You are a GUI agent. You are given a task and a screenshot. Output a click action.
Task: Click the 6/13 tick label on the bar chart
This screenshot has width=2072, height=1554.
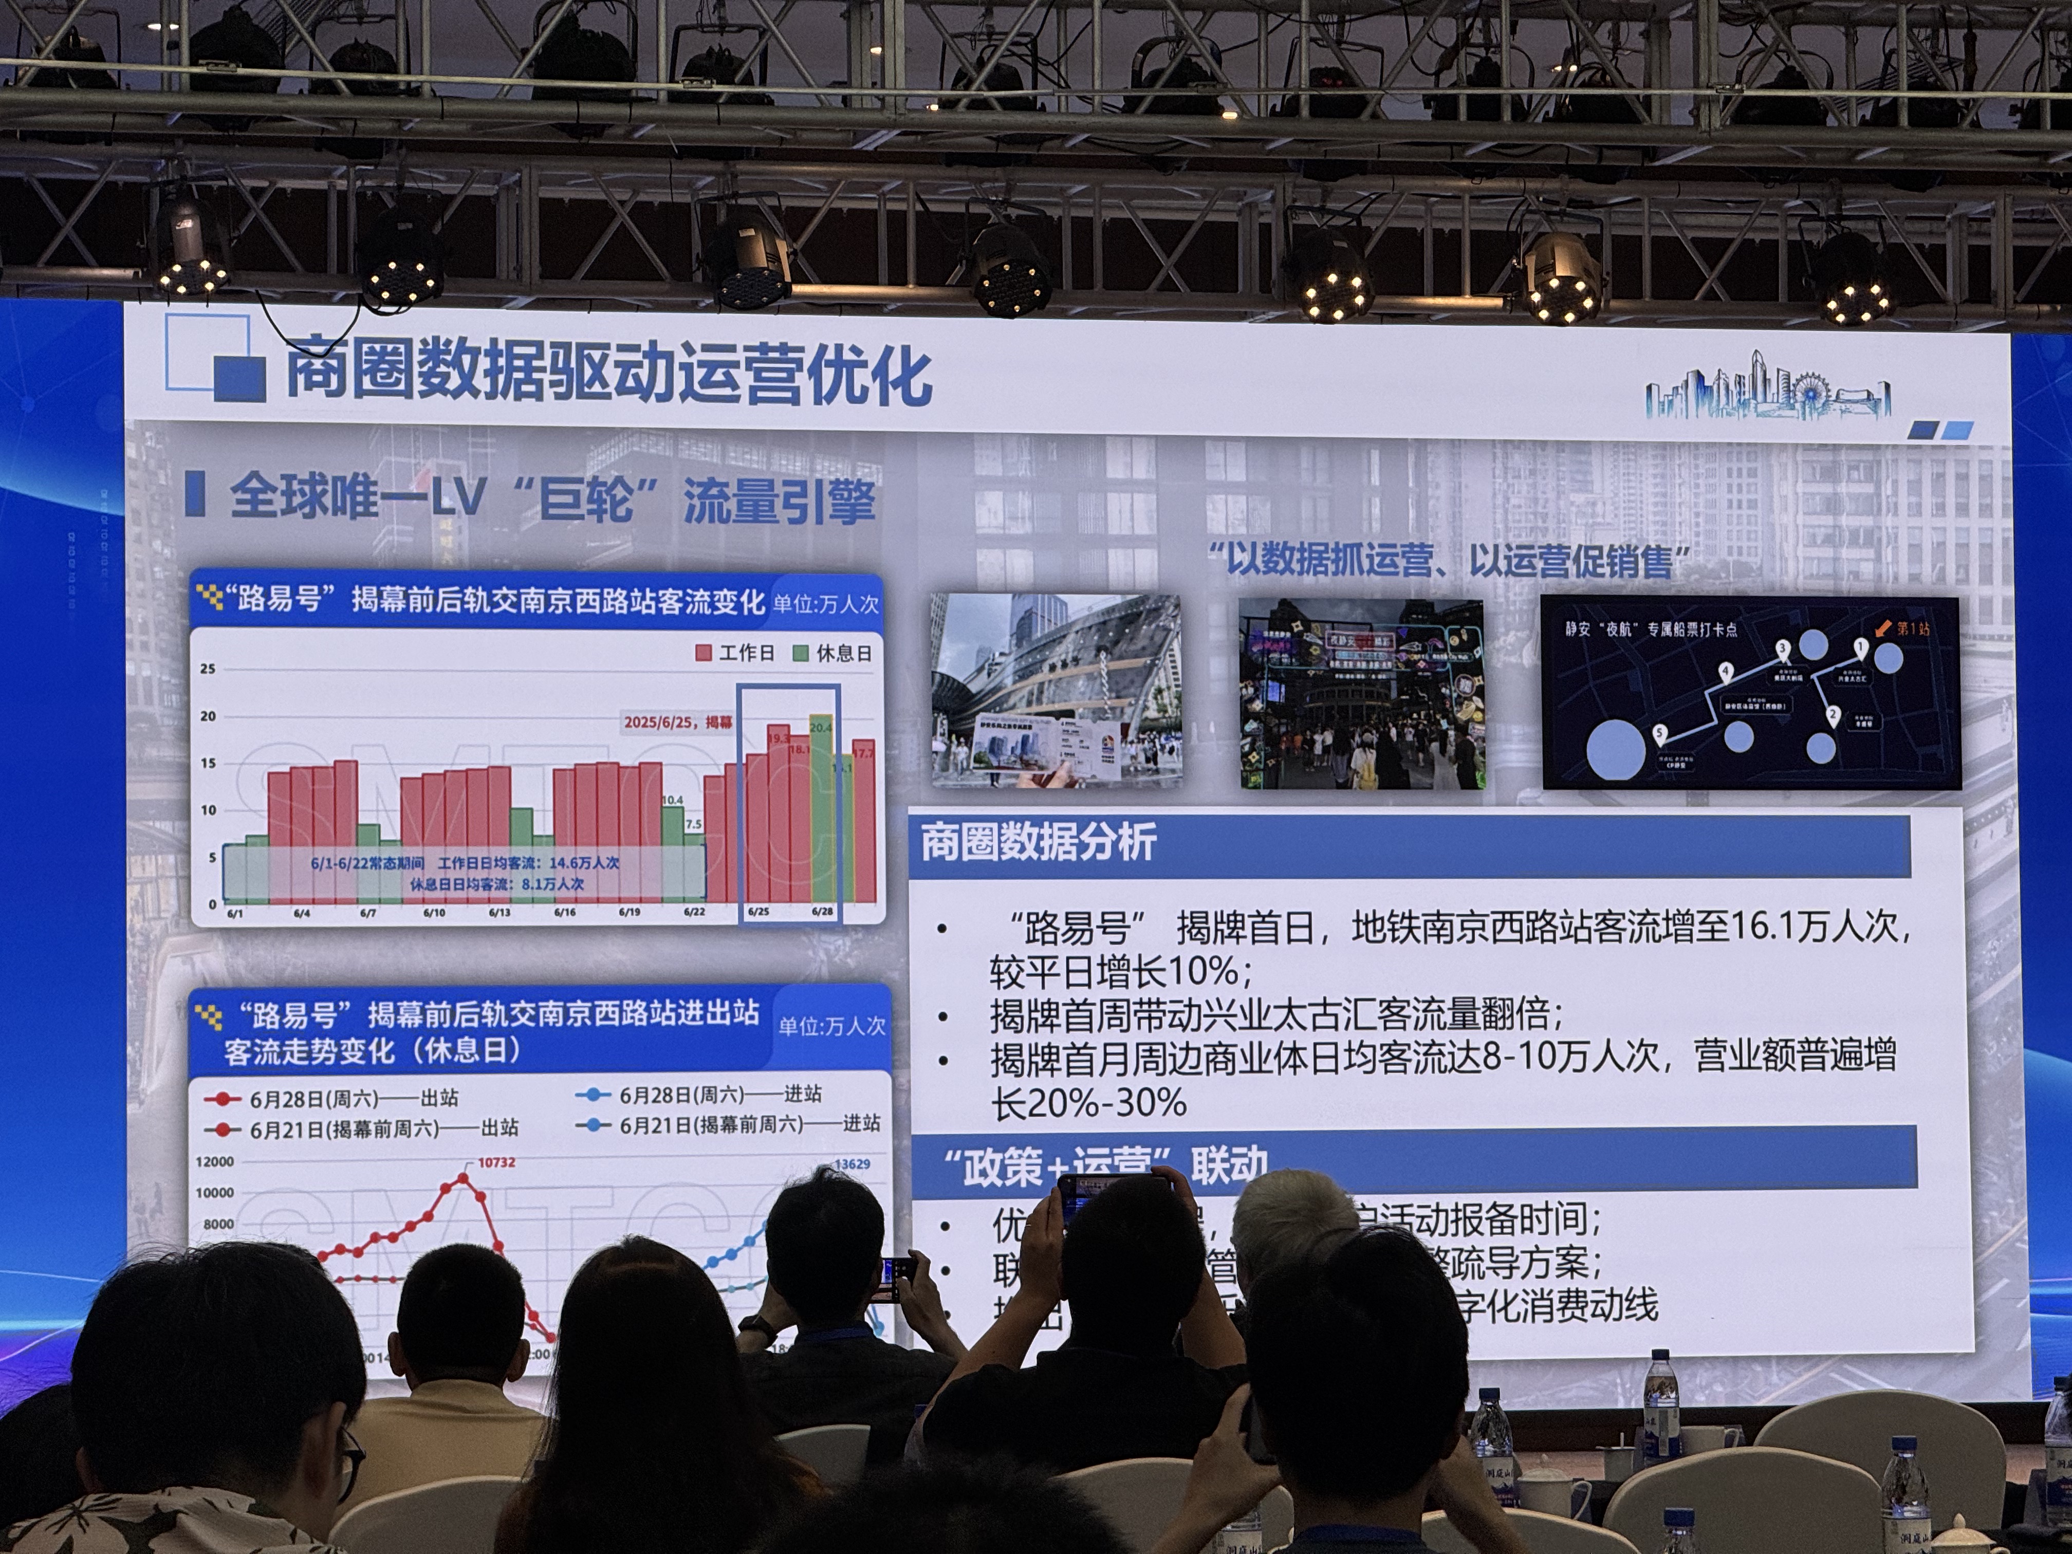tap(499, 912)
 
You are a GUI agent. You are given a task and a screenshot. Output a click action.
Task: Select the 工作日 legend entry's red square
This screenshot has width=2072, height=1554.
tap(704, 653)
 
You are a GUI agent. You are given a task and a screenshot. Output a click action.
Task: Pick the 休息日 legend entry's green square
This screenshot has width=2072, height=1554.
tap(801, 653)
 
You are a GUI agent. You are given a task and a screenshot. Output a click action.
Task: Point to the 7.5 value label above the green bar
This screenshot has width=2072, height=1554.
tap(693, 824)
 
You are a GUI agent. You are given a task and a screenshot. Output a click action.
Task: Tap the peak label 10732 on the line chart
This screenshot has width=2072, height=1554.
tap(496, 1162)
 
